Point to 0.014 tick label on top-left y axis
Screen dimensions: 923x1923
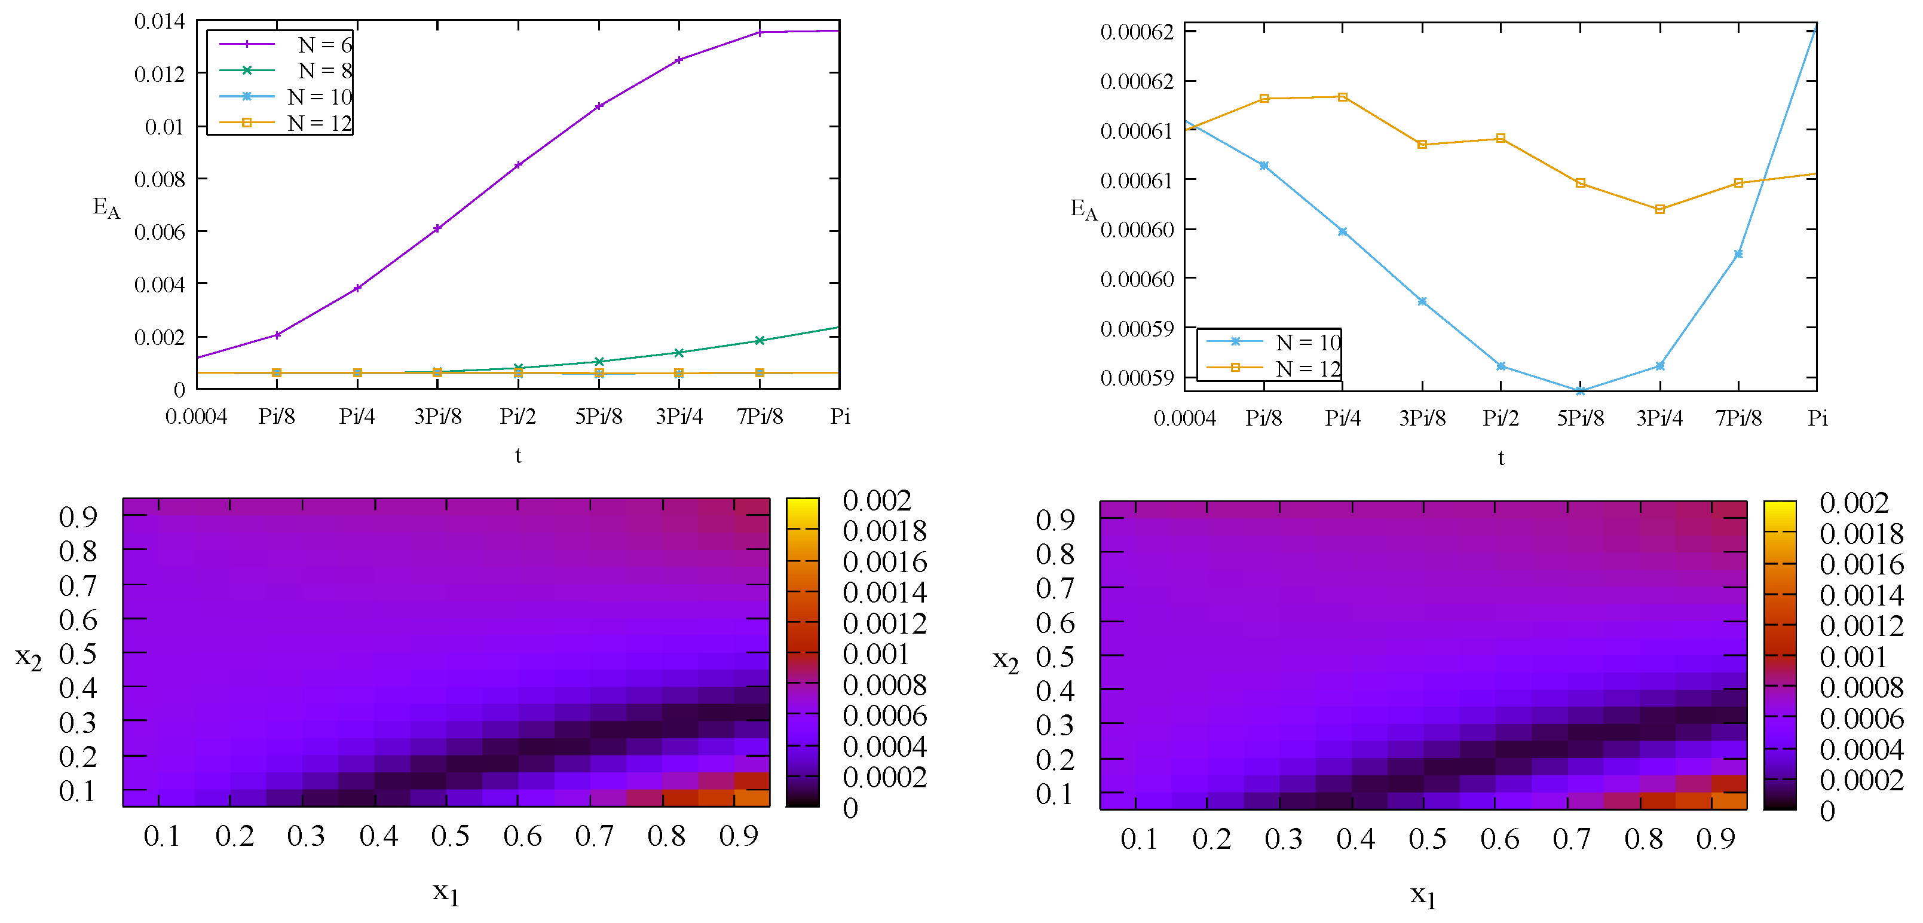click(x=159, y=22)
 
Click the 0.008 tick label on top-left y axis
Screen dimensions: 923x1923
click(x=159, y=179)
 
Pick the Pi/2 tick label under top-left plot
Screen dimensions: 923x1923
click(x=518, y=416)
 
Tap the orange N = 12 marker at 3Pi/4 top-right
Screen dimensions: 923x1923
click(x=1659, y=209)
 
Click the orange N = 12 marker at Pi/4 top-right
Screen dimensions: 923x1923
click(x=1342, y=97)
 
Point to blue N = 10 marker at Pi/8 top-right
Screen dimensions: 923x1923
click(x=1263, y=166)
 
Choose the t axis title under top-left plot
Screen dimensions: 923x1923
click(x=518, y=456)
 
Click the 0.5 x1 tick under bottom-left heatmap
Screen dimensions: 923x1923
click(x=450, y=836)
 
